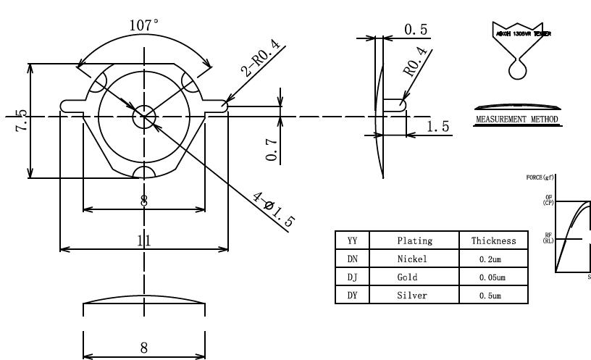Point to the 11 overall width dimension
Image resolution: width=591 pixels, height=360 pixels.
[x=144, y=241]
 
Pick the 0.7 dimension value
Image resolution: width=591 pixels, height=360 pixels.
[x=272, y=149]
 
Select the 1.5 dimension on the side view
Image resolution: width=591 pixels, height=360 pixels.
[x=437, y=127]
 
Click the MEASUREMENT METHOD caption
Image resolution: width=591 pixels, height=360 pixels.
[x=517, y=120]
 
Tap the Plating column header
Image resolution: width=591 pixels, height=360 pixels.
[x=415, y=240]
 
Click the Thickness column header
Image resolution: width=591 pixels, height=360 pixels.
[x=493, y=240]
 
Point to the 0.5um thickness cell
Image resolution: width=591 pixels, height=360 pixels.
[x=493, y=296]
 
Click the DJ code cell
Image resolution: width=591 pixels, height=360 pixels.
[x=353, y=277]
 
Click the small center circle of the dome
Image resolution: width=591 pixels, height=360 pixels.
[x=144, y=118]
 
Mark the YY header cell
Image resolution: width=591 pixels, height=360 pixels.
[x=353, y=240]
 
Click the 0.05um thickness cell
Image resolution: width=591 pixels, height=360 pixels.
[x=493, y=277]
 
